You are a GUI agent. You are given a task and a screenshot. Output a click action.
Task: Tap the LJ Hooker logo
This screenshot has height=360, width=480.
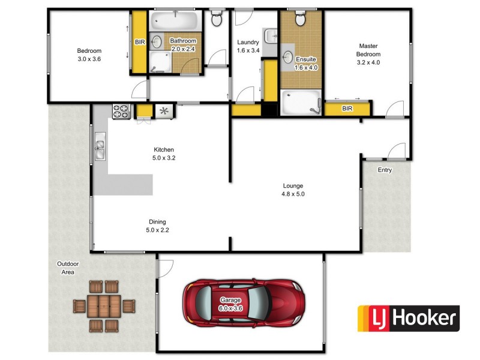[408, 319]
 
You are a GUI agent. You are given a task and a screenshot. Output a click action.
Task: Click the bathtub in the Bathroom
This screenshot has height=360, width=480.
[175, 22]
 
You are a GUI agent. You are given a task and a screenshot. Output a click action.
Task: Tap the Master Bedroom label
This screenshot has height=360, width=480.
[368, 54]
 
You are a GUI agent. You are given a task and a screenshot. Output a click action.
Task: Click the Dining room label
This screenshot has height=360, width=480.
[156, 226]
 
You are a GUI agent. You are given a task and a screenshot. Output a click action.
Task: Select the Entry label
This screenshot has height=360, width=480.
[385, 170]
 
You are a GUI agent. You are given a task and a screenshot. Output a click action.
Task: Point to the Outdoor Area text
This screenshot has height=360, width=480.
[68, 268]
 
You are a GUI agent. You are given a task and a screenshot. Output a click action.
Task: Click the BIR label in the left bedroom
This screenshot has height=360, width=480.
[140, 42]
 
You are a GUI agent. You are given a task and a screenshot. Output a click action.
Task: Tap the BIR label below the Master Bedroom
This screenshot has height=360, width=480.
[347, 109]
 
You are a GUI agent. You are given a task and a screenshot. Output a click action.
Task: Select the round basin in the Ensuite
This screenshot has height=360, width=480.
[288, 58]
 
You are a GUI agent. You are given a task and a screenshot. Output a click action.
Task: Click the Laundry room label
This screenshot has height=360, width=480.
[248, 46]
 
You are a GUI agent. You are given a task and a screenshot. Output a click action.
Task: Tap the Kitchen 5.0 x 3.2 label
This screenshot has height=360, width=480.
[164, 154]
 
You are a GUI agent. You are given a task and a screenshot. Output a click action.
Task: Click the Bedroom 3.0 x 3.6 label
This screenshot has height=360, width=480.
[89, 55]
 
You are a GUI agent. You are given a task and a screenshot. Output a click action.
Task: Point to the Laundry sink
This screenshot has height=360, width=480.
[270, 35]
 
